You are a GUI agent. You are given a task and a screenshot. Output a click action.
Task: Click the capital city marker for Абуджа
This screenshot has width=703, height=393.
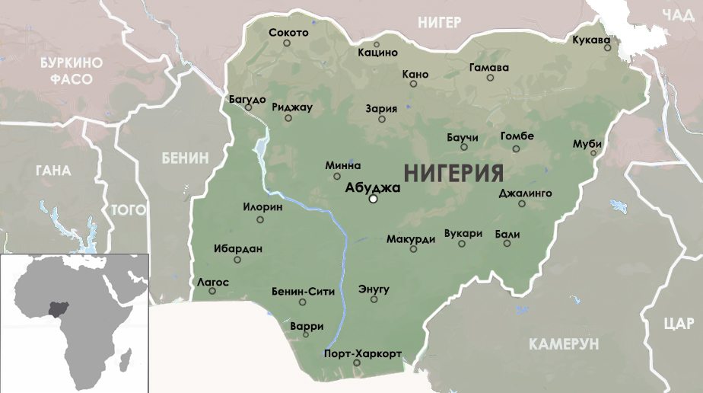coord(373,200)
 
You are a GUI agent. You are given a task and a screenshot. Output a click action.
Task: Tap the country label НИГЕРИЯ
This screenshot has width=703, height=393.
coord(453,173)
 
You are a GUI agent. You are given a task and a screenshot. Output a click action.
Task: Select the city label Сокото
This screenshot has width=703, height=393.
coord(289,33)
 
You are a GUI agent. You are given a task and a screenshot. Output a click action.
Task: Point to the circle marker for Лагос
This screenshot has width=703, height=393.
coord(212,291)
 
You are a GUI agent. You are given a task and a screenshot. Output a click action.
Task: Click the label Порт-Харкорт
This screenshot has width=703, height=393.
coord(362,354)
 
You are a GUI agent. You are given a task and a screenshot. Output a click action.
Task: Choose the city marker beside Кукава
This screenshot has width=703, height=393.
coord(607,48)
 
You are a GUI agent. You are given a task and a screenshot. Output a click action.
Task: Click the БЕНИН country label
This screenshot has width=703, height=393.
coord(184,158)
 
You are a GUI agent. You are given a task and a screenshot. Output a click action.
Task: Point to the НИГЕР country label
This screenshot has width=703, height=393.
coord(439,23)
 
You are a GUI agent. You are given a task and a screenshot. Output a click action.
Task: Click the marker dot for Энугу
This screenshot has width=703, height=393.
coord(374,299)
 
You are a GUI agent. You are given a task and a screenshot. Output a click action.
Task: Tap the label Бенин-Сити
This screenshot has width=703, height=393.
coord(303,291)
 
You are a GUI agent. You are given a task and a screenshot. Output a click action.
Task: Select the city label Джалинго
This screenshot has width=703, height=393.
coord(525,193)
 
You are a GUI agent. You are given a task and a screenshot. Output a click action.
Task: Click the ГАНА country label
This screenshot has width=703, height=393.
coord(52,171)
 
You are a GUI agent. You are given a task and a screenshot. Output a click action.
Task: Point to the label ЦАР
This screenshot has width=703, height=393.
coord(678,324)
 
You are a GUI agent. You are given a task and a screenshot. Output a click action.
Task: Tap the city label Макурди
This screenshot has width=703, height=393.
coord(410,238)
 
